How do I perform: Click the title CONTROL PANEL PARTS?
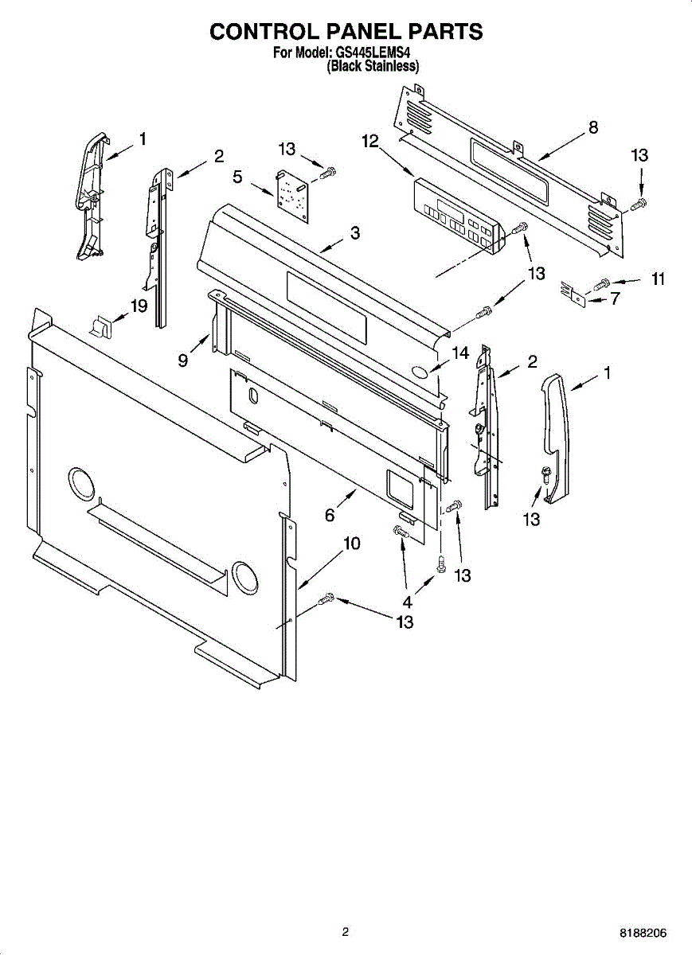point(346,31)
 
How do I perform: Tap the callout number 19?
point(139,305)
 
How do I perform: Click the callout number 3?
point(354,233)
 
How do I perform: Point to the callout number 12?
point(369,141)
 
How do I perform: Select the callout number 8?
point(592,127)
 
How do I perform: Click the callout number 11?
point(658,279)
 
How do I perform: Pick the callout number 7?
point(615,299)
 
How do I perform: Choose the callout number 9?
point(183,361)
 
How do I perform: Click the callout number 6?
point(330,515)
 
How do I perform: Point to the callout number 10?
point(351,544)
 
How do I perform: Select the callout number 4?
point(407,602)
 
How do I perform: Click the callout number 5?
point(237,176)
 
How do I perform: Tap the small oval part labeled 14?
point(421,372)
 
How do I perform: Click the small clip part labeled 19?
point(101,325)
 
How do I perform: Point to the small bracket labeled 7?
point(574,294)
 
